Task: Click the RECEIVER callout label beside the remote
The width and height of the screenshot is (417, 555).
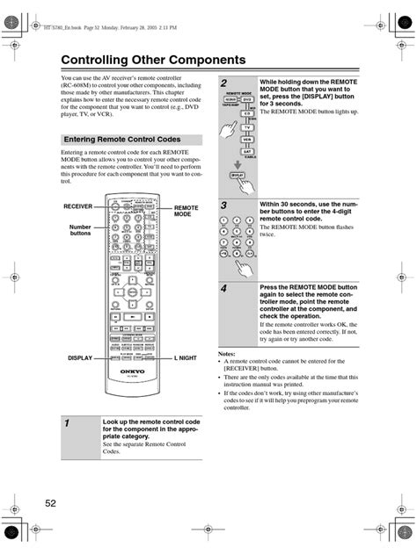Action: pyautogui.click(x=77, y=205)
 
